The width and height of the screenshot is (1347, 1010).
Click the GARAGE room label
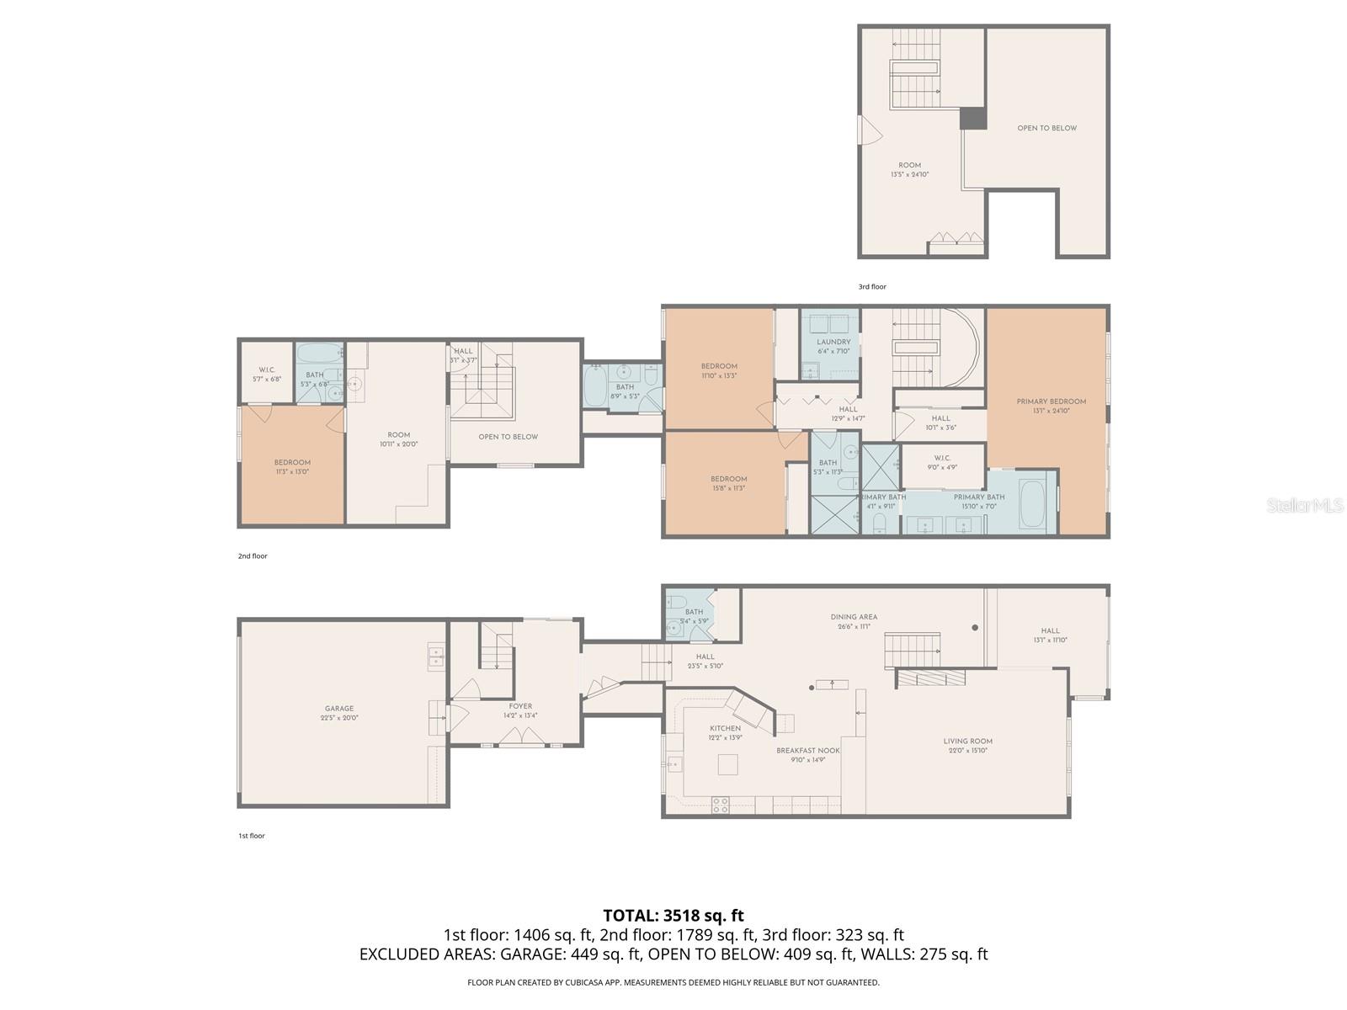click(339, 709)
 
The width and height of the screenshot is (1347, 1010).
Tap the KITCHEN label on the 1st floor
click(725, 728)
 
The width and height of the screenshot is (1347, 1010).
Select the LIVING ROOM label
click(967, 742)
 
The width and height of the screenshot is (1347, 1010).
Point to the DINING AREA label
click(854, 617)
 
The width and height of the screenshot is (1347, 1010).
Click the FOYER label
click(520, 706)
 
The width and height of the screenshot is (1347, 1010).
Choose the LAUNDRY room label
click(833, 342)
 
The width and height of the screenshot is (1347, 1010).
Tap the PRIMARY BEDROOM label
click(1051, 401)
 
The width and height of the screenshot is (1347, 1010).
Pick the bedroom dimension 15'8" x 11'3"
click(728, 488)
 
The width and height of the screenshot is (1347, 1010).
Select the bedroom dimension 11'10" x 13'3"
click(719, 376)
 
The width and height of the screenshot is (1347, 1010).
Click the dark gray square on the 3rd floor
click(973, 118)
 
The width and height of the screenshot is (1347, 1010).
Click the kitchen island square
click(727, 764)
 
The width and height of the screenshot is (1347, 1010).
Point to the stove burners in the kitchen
click(720, 804)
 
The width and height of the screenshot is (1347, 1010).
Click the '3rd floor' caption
click(871, 287)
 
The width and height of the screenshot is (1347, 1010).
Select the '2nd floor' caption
click(253, 556)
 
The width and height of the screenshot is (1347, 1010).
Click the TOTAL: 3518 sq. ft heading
click(673, 915)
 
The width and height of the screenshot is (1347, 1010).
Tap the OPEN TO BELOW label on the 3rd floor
click(1046, 128)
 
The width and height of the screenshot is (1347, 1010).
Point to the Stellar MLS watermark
click(1305, 505)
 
